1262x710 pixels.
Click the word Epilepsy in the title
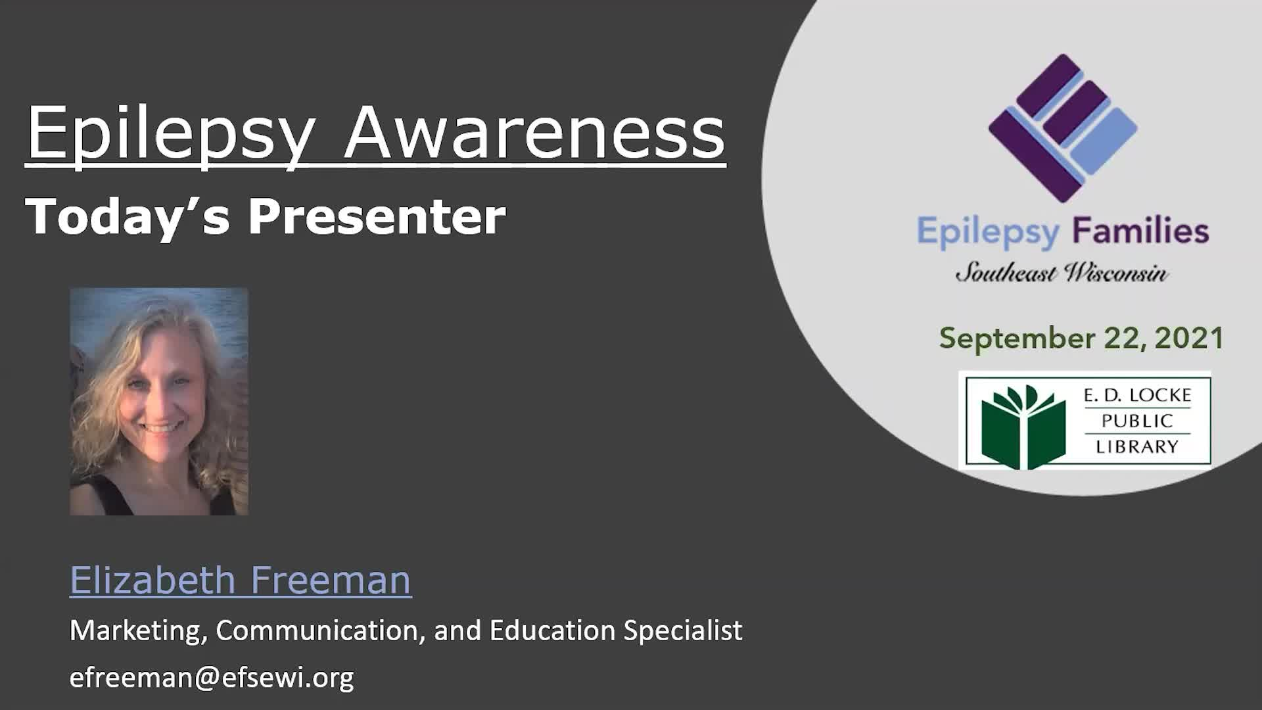[171, 135]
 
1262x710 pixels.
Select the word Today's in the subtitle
[128, 217]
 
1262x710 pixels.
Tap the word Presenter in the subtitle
[377, 216]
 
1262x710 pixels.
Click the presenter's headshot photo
[159, 401]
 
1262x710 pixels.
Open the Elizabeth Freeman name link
[241, 580]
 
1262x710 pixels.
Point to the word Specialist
[683, 631]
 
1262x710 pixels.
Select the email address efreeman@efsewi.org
[212, 678]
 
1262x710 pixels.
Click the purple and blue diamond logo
[1063, 128]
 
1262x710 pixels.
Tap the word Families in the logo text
[1140, 231]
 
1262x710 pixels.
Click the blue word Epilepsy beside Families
[989, 233]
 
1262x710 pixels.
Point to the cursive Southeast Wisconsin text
[1062, 272]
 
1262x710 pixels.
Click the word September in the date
[1017, 339]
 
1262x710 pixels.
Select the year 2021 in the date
[1189, 338]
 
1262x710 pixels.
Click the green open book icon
[1023, 427]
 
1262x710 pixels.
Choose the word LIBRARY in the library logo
[1137, 447]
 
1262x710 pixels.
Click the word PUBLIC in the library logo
[1137, 421]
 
